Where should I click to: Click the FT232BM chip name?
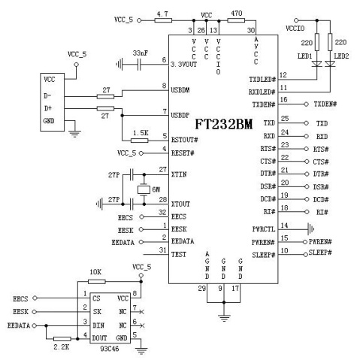pyautogui.click(x=224, y=124)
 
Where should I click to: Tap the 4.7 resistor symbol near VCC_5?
pyautogui.click(x=163, y=20)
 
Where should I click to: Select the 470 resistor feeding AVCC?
pyautogui.click(x=236, y=20)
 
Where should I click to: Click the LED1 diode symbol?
pyautogui.click(x=317, y=64)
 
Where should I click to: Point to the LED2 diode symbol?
pyautogui.click(x=330, y=64)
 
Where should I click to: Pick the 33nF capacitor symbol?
pyautogui.click(x=139, y=65)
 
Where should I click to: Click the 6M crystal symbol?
pyautogui.click(x=144, y=189)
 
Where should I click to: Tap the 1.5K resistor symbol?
pyautogui.click(x=140, y=141)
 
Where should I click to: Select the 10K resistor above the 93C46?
pyautogui.click(x=97, y=282)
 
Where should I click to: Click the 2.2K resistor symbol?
pyautogui.click(x=62, y=339)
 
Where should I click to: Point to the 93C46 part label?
pyautogui.click(x=110, y=349)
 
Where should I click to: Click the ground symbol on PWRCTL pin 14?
pyautogui.click(x=311, y=229)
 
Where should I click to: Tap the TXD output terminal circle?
pyautogui.click(x=306, y=123)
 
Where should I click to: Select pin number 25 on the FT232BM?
pyautogui.click(x=285, y=118)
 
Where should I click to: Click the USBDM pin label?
pyautogui.click(x=180, y=90)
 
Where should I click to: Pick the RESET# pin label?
pyautogui.click(x=183, y=153)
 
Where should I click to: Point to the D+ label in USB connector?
pyautogui.click(x=48, y=108)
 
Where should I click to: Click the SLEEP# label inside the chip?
pyautogui.click(x=264, y=255)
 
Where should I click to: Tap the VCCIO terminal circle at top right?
pyautogui.click(x=296, y=20)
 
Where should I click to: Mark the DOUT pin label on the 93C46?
pyautogui.click(x=99, y=338)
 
